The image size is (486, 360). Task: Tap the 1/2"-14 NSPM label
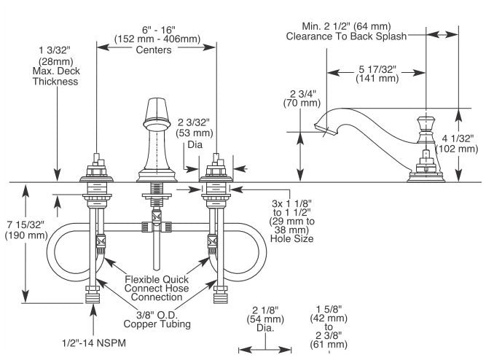[94, 343]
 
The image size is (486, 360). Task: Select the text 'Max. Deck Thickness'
[56, 76]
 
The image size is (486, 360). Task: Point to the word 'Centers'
[154, 50]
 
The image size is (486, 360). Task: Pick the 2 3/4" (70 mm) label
[302, 98]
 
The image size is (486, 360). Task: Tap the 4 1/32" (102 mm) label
[457, 144]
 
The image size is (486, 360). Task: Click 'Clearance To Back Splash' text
[346, 36]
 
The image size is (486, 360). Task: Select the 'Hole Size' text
[291, 238]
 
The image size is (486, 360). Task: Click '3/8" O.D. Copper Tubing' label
[157, 319]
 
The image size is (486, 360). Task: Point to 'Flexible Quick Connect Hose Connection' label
[157, 288]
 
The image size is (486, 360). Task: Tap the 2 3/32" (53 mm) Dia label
[195, 133]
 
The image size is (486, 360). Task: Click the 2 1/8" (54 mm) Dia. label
[265, 318]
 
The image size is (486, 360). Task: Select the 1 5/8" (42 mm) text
[329, 313]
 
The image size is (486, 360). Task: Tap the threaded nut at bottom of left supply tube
[93, 294]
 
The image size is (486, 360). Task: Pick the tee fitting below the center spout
[157, 227]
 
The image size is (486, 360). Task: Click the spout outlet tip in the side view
[326, 129]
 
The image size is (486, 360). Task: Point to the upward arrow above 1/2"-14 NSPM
[93, 320]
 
